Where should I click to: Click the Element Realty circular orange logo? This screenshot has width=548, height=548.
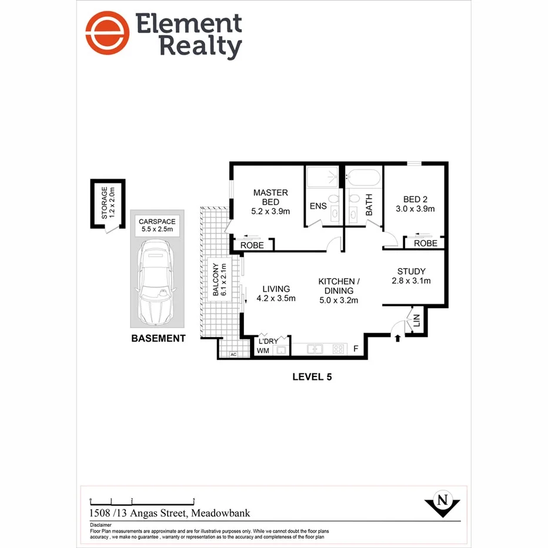[x=107, y=33]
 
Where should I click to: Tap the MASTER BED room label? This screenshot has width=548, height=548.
[x=270, y=198]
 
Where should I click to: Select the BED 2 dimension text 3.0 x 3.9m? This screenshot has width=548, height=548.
[x=415, y=209]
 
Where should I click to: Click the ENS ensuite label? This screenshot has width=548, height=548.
[x=318, y=207]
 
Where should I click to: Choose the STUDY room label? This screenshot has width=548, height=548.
[x=412, y=271]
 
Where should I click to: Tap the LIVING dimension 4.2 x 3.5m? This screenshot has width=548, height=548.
[x=276, y=299]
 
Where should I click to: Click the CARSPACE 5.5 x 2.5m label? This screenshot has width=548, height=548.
[x=156, y=225]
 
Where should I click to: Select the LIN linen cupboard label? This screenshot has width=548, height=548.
[x=417, y=321]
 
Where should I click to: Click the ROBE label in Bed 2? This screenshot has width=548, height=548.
[x=425, y=243]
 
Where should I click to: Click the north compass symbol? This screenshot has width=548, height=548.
[x=442, y=502]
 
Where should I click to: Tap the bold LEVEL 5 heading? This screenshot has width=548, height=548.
[x=312, y=377]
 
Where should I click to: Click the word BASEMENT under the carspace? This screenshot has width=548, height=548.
[x=158, y=338]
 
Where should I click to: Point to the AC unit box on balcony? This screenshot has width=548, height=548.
[x=232, y=355]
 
